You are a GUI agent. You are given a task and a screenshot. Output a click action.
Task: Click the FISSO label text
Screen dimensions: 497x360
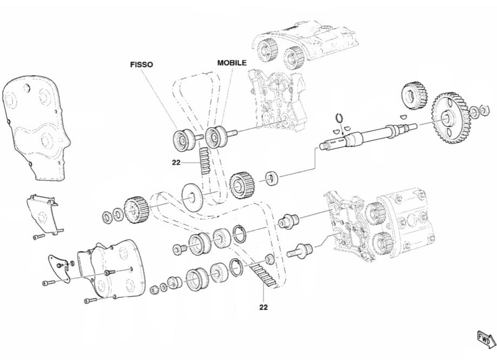click(x=142, y=65)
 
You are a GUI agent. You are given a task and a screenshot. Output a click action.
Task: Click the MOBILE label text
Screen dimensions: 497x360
click(x=232, y=63)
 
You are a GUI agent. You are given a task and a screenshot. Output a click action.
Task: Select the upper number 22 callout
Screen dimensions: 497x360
click(x=176, y=163)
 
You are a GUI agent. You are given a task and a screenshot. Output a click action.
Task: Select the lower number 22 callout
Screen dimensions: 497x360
click(x=263, y=307)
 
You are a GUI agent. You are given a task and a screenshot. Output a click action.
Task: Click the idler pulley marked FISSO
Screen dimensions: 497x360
click(x=182, y=140)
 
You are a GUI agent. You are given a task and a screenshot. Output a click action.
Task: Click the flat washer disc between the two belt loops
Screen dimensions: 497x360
click(x=193, y=197)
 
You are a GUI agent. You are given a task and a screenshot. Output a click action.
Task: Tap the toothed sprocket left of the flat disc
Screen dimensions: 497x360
click(x=135, y=210)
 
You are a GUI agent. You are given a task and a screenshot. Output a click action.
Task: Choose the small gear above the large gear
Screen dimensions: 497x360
click(x=414, y=93)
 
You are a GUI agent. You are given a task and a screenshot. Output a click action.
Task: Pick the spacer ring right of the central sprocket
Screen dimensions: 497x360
click(x=271, y=178)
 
